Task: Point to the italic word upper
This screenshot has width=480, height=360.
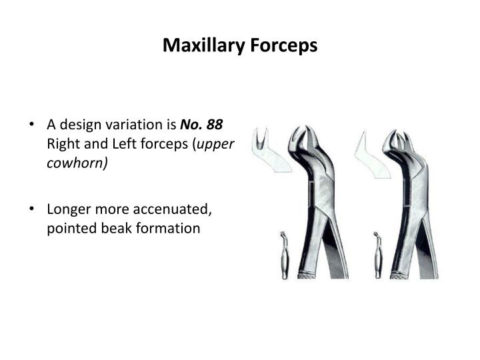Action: pyautogui.click(x=220, y=144)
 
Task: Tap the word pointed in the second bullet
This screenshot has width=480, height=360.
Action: pyautogui.click(x=67, y=228)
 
